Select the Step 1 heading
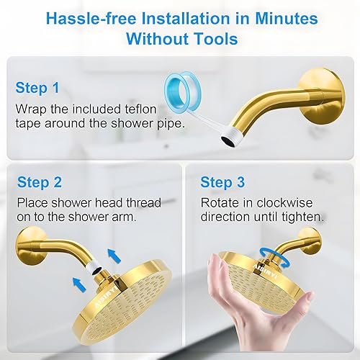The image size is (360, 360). pyautogui.click(x=38, y=89)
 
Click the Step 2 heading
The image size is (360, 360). pyautogui.click(x=40, y=181)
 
